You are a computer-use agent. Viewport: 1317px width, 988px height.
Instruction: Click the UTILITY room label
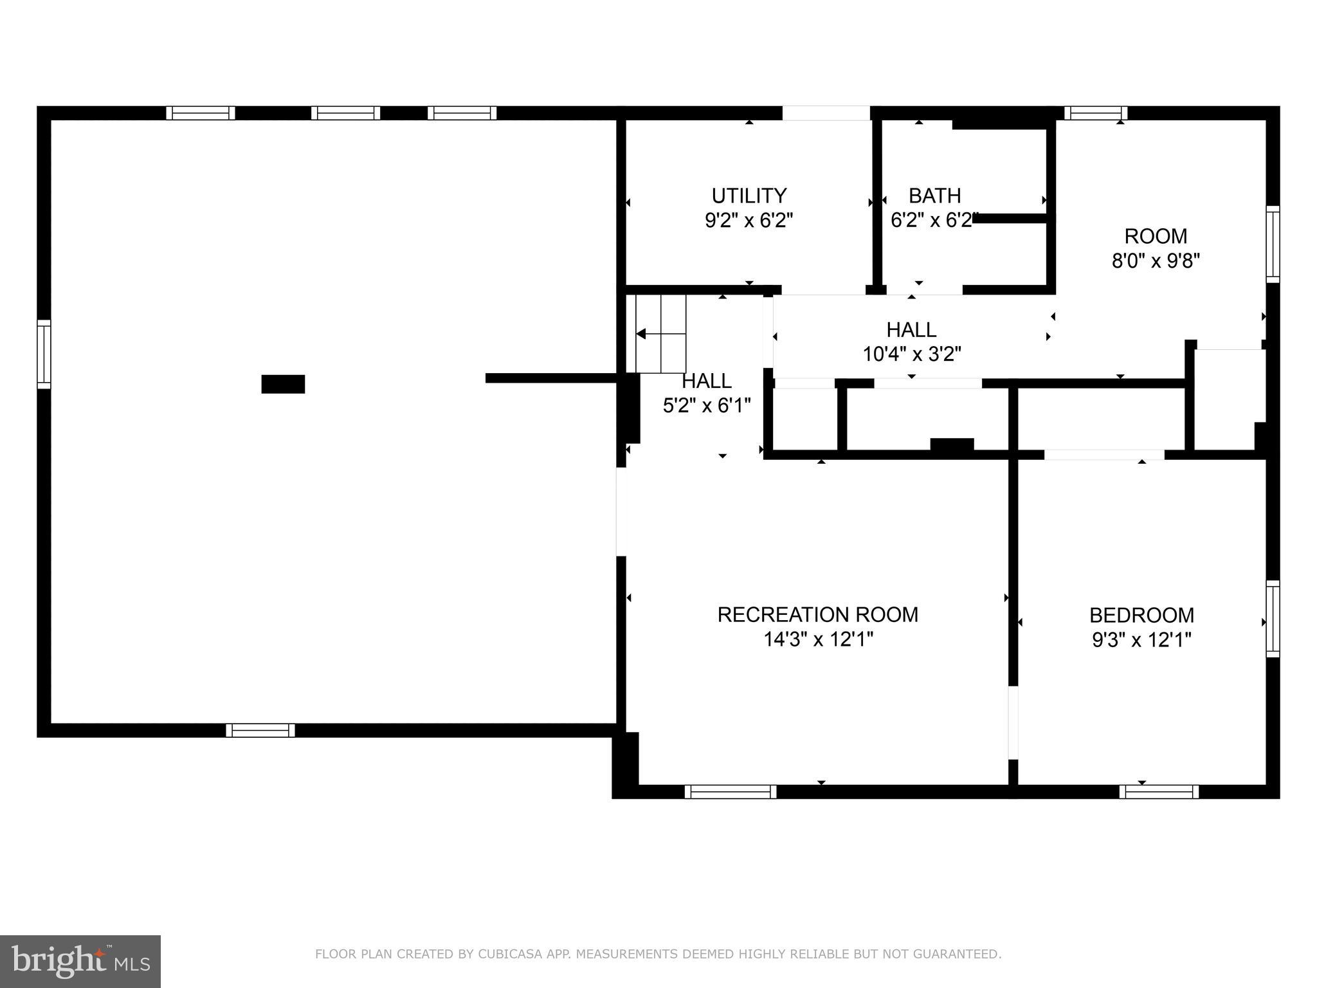point(749,196)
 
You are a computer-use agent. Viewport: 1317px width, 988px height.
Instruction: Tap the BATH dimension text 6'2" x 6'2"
point(934,221)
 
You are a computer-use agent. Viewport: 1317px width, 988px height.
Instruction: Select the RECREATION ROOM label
point(817,614)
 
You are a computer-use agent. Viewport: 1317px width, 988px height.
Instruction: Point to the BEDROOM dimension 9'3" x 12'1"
point(1141,640)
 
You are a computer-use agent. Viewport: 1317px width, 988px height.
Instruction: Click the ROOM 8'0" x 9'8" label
point(1156,248)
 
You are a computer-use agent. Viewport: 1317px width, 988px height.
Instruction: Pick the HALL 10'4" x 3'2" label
point(911,342)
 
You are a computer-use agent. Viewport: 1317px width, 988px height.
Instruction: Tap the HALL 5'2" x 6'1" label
point(707,393)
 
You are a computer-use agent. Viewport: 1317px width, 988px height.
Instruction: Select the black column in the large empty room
point(283,384)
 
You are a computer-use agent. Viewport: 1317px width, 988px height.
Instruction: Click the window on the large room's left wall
point(44,354)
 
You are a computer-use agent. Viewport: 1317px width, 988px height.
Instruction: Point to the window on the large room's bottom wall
point(260,730)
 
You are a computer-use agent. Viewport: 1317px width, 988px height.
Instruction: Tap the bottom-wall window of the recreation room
point(730,792)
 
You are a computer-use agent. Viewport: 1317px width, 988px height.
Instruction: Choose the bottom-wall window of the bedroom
point(1159,792)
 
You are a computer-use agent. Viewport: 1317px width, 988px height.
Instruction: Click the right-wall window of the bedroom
point(1273,619)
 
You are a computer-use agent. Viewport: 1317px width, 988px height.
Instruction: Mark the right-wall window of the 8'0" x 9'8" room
point(1273,244)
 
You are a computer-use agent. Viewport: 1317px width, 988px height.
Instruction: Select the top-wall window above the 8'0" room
point(1095,113)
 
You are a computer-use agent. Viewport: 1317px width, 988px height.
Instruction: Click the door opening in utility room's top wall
point(826,113)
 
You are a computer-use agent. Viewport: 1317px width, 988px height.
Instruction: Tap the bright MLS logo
point(80,961)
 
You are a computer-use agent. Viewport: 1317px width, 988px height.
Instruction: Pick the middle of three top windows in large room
point(345,113)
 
